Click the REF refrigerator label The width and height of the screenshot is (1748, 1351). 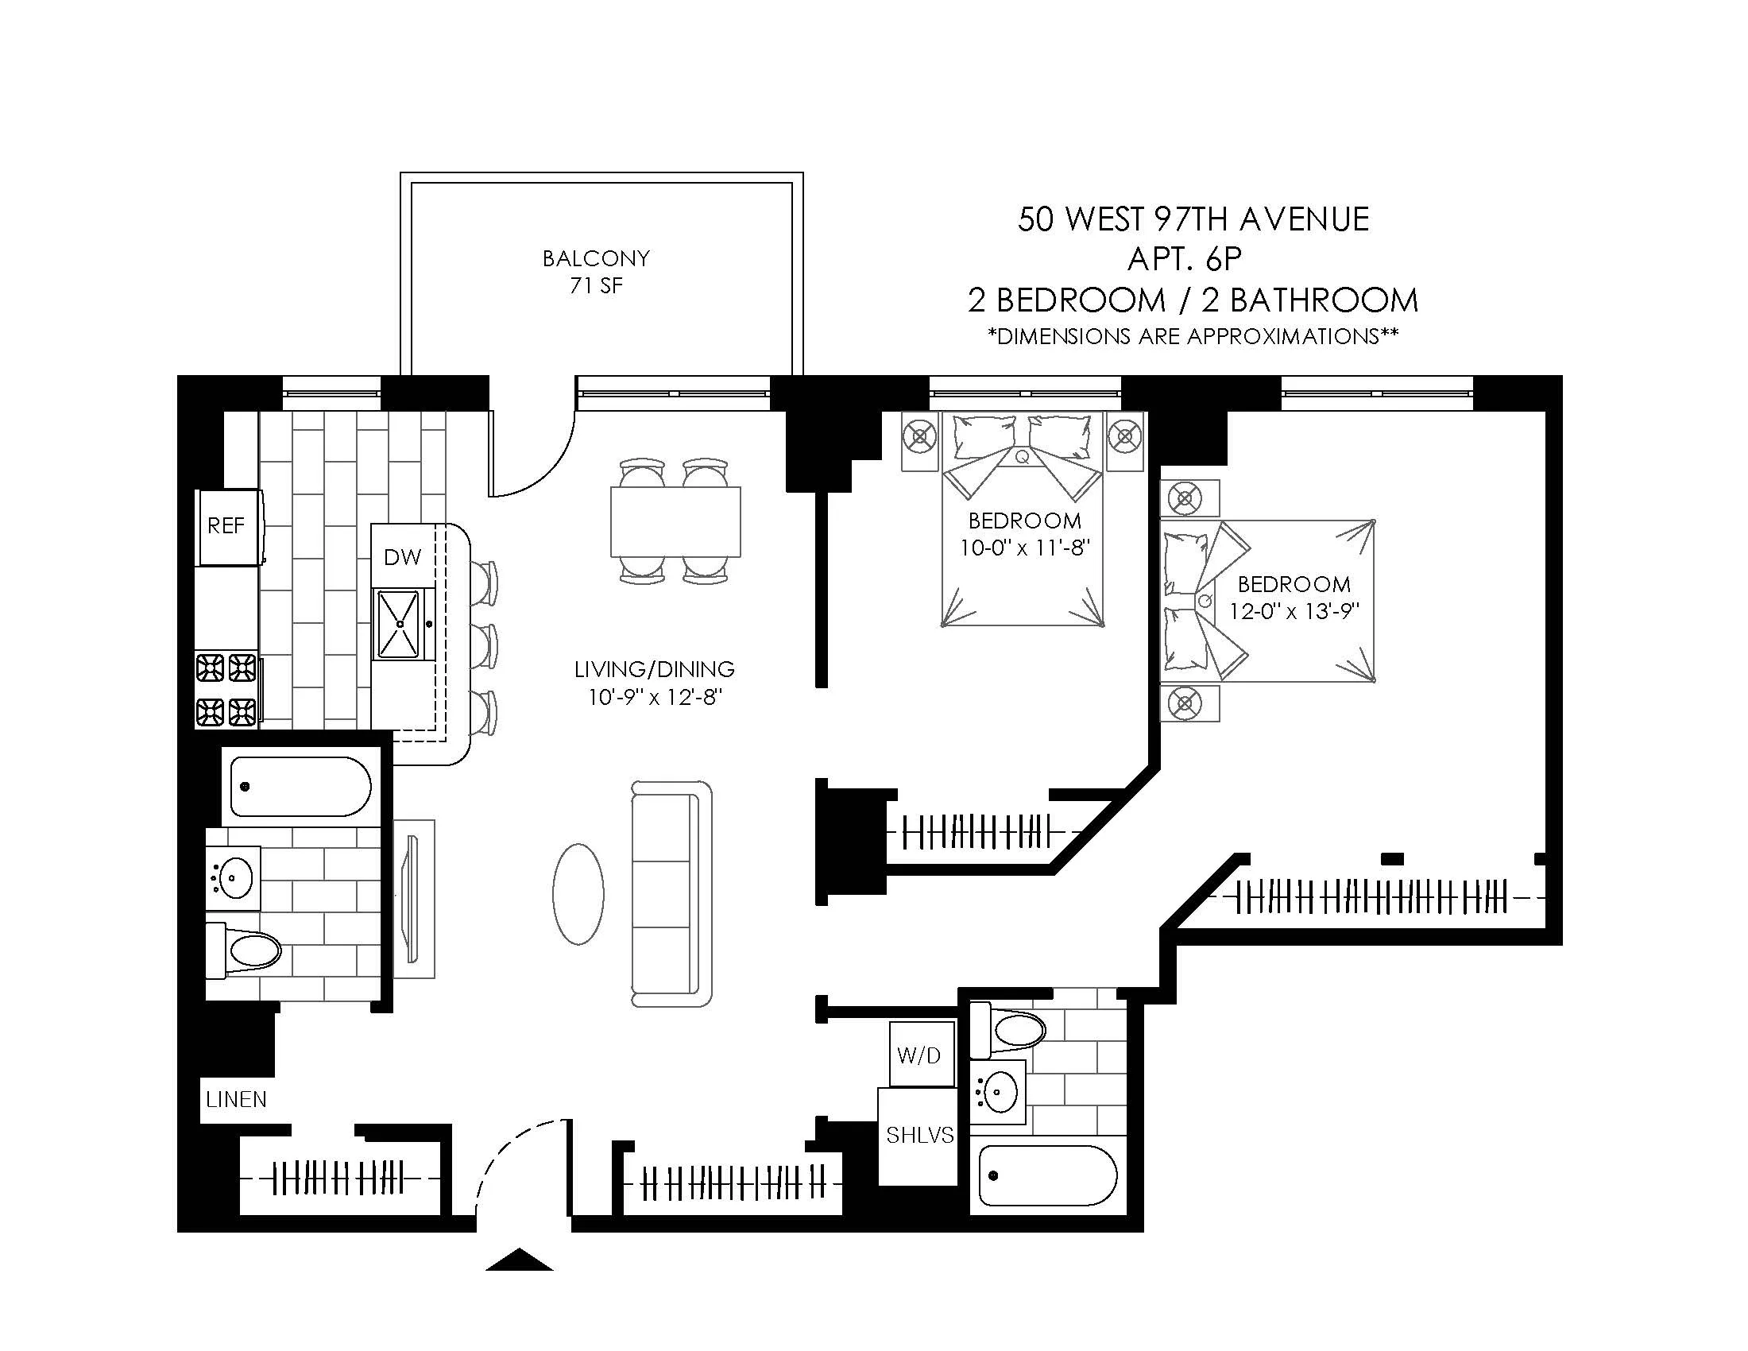[226, 526]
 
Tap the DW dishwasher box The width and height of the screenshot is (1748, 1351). [403, 557]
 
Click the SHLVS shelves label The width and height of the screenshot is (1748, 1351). [919, 1135]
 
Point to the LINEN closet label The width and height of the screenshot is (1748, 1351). [236, 1100]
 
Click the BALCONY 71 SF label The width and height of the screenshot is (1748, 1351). [596, 271]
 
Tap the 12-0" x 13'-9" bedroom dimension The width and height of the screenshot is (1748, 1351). [1294, 611]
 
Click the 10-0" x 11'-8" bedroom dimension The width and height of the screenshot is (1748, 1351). [1025, 548]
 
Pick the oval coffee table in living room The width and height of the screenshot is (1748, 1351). [578, 894]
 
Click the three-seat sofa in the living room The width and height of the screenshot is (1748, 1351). [671, 894]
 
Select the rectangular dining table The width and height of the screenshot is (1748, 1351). [675, 521]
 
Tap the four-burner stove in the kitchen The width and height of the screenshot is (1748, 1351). [226, 689]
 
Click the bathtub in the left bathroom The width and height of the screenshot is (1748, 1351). [300, 786]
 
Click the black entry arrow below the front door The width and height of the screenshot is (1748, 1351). [520, 1260]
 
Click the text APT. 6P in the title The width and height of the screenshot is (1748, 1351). [1185, 258]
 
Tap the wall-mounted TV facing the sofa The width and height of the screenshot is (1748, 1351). [413, 898]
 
